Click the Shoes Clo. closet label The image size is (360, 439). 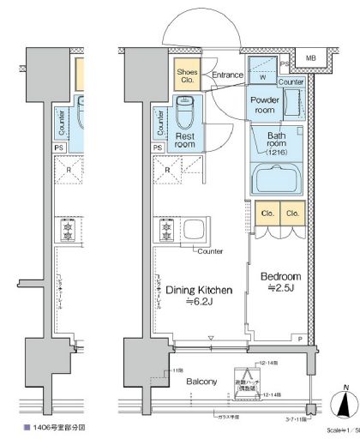(x=187, y=77)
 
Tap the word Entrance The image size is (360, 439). (x=227, y=75)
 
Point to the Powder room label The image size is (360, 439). (x=265, y=105)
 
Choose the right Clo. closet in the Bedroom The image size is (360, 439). (x=292, y=213)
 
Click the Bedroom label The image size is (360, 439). (x=280, y=277)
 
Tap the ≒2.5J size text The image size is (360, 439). (x=280, y=291)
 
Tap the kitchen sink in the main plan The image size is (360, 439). (x=195, y=230)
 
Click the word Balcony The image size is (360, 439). (x=201, y=382)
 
